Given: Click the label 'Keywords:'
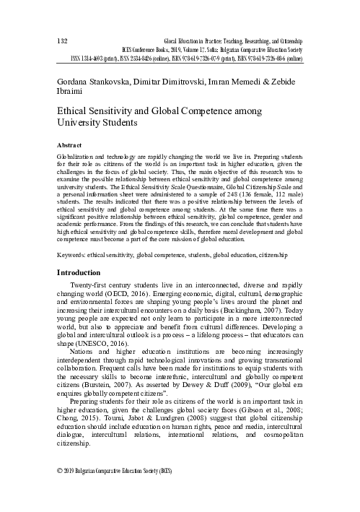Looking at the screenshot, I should point(74,235).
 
